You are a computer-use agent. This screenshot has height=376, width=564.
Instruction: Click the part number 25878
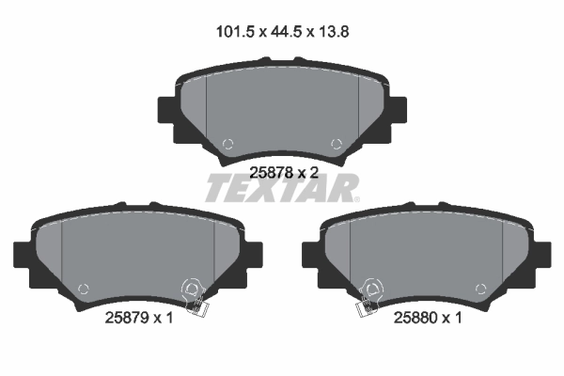[x=271, y=172]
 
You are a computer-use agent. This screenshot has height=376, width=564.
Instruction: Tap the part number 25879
[x=121, y=318]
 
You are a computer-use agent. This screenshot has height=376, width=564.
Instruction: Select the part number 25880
[x=418, y=318]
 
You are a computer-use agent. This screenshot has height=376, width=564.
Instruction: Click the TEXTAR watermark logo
[x=282, y=190]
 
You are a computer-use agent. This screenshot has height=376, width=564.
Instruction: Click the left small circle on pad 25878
[x=227, y=144]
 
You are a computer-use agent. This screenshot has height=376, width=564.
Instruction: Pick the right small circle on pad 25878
[x=337, y=144]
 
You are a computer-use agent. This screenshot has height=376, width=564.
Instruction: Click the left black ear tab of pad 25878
[x=165, y=113]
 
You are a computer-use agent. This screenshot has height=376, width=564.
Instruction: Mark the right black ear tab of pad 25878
[x=399, y=113]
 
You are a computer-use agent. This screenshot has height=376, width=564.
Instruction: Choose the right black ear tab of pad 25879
[x=256, y=257]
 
